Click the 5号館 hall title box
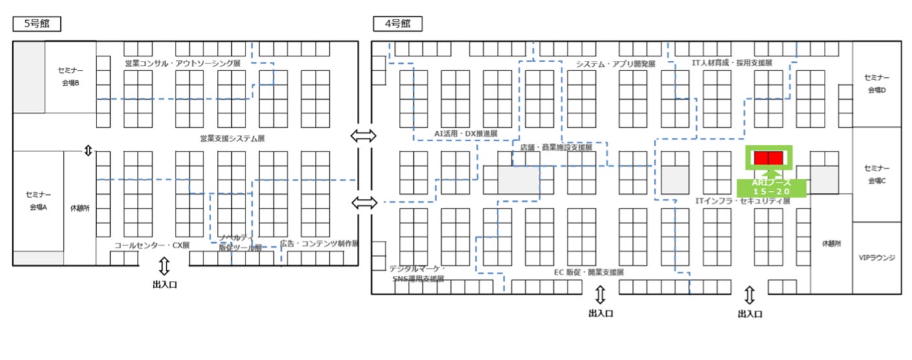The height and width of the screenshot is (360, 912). (x=36, y=24)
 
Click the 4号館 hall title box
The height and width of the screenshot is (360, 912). (x=397, y=24)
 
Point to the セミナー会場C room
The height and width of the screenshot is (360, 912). (x=876, y=174)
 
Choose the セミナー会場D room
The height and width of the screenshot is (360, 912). (x=876, y=84)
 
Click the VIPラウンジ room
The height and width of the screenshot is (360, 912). (x=876, y=257)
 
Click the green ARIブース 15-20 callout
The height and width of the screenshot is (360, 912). (x=771, y=187)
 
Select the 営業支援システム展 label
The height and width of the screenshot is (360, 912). (x=233, y=139)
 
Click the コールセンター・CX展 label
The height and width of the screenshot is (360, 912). (x=152, y=245)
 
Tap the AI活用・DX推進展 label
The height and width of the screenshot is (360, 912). (x=466, y=133)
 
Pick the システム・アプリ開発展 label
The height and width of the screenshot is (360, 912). (x=616, y=64)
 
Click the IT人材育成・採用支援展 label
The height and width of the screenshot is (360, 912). (x=733, y=63)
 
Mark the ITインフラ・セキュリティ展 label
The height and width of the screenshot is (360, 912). (x=743, y=201)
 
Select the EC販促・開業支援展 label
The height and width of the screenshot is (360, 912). (x=588, y=272)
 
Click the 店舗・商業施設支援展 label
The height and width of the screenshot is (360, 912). (x=556, y=148)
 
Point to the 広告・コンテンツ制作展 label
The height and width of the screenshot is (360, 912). (x=319, y=244)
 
